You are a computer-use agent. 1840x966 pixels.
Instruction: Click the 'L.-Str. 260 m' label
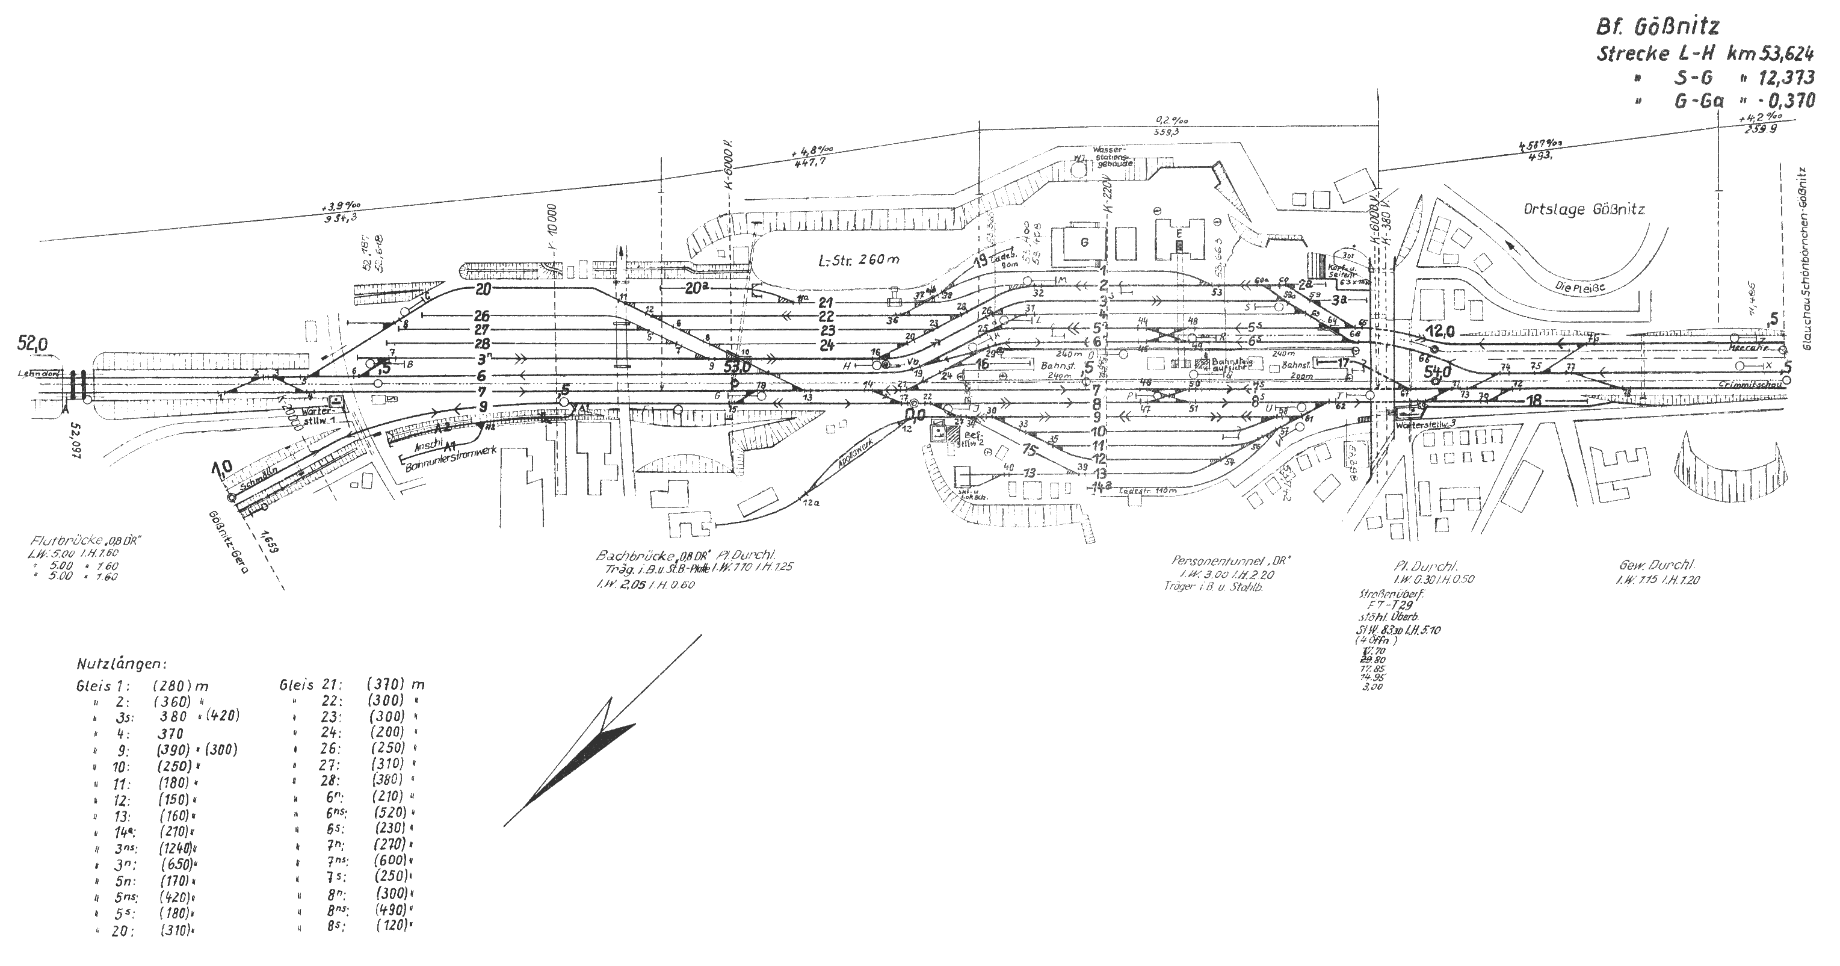point(859,259)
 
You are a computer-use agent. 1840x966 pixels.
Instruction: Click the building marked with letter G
point(1084,242)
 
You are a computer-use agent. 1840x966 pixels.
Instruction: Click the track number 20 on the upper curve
point(484,289)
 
